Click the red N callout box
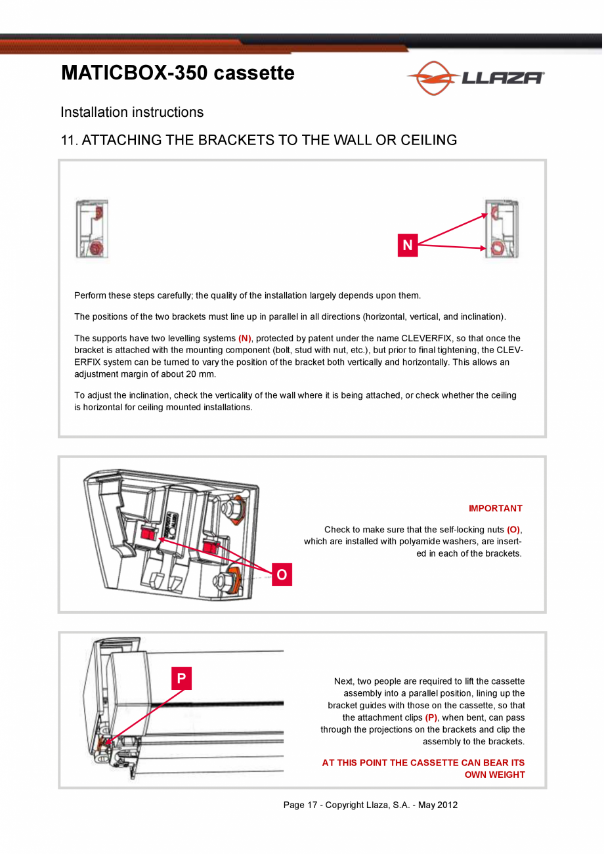coord(408,246)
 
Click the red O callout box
coord(282,575)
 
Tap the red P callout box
coord(181,679)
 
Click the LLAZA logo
coord(476,78)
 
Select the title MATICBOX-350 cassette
coord(178,73)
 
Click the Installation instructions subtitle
coord(132,112)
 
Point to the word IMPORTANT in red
coord(495,508)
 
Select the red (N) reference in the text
coord(245,338)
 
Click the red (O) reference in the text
coord(514,530)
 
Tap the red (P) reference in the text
coord(431,717)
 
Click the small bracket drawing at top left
coord(93,229)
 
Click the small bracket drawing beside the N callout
coord(502,229)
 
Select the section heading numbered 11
coord(259,140)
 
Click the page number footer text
coord(370,805)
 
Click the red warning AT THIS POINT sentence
coord(423,769)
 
